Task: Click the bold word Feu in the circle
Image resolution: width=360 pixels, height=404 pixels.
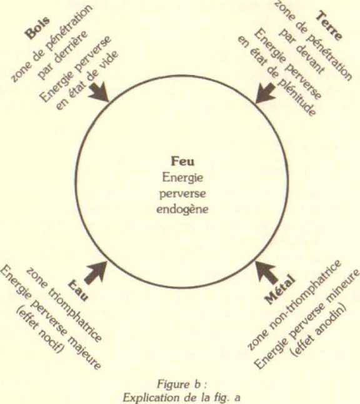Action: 182,161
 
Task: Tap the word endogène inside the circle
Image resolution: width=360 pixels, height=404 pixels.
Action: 182,209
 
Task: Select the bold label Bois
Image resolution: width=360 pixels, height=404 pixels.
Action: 37,28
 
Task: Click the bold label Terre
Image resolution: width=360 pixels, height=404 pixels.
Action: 329,25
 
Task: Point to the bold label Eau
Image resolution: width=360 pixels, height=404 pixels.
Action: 78,291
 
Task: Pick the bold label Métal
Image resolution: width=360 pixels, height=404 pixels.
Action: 279,290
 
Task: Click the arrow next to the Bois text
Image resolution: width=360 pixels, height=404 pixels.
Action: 99,92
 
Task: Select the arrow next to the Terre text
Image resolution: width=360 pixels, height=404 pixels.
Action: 265,93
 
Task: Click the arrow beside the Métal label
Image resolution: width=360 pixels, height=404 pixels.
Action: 266,273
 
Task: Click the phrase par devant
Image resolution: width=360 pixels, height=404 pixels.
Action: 302,51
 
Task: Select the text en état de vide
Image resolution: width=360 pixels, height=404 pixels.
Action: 87,81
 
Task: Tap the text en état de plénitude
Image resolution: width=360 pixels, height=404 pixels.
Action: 276,76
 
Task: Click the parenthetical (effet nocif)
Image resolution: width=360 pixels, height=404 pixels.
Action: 39,331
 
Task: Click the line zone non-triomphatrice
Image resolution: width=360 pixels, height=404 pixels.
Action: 294,305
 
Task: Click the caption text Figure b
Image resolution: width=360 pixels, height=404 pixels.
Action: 182,385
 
